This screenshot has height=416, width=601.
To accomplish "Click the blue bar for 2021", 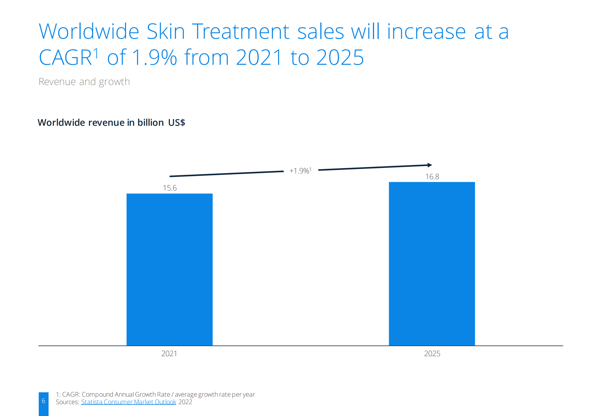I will [x=169, y=269].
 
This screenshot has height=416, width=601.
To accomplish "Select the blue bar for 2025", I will [x=432, y=263].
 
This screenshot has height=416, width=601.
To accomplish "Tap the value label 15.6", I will [x=170, y=188].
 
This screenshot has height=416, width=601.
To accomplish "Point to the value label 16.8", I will [x=432, y=177].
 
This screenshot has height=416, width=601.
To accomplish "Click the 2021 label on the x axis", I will [x=169, y=354].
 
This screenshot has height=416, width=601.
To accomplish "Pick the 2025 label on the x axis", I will [x=432, y=354].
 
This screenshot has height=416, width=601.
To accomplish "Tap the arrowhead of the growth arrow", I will [x=430, y=165].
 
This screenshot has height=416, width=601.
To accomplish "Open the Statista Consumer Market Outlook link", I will [x=128, y=402].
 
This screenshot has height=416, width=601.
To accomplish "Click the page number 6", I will [x=43, y=401].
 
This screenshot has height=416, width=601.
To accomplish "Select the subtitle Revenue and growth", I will [x=84, y=82].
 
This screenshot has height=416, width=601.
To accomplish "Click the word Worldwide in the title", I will [x=89, y=32].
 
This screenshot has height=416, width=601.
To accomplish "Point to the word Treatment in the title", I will [x=241, y=32].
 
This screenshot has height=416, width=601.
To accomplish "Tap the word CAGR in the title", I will [x=65, y=57].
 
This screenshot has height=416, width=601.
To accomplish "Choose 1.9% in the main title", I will [x=154, y=57].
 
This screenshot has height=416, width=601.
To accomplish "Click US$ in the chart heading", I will [x=176, y=123].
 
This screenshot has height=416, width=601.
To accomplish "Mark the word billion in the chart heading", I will [x=151, y=123].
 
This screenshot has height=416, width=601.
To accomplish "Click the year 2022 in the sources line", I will [x=185, y=402].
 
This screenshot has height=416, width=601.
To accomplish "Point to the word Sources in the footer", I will [x=67, y=402].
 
